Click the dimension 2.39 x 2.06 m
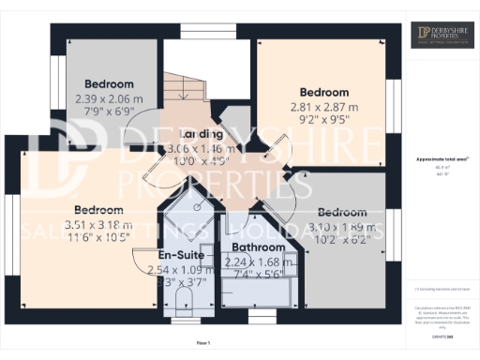pyautogui.click(x=111, y=97)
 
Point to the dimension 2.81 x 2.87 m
pyautogui.click(x=324, y=108)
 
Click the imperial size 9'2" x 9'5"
pyautogui.click(x=324, y=120)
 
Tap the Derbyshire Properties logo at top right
pyautogui.click(x=441, y=36)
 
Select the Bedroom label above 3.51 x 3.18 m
pyautogui.click(x=99, y=210)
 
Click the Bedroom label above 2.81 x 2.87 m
pyautogui.click(x=324, y=93)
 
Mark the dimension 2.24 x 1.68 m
pyautogui.click(x=253, y=262)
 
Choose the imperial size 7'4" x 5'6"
pyautogui.click(x=253, y=276)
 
